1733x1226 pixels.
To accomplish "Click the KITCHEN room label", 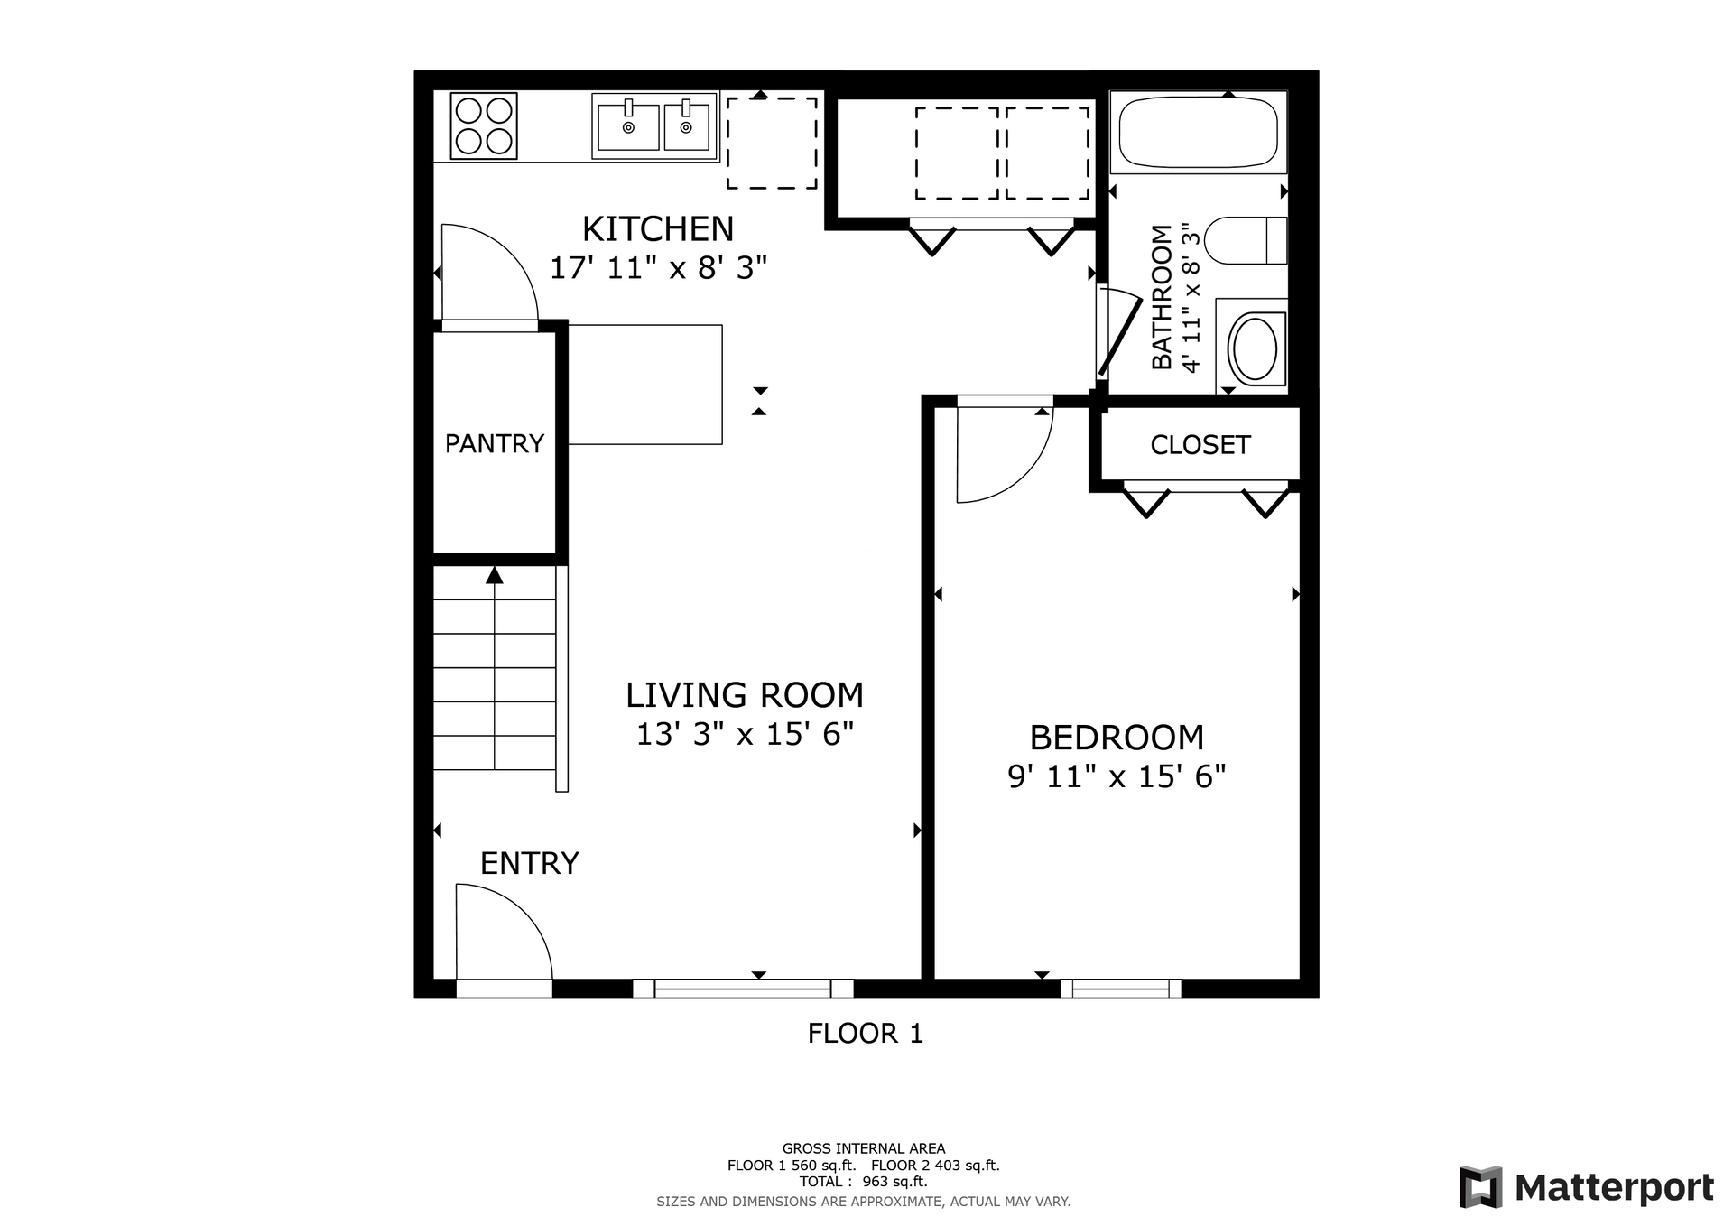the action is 658,229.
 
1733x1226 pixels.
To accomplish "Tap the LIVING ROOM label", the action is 745,695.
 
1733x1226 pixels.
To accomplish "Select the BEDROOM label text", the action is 1117,738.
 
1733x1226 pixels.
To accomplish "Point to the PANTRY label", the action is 495,443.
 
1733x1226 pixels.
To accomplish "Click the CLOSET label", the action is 1200,445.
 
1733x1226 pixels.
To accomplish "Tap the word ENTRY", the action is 529,864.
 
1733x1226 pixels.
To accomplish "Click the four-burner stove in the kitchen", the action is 484,126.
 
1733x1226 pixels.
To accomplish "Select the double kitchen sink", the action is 655,126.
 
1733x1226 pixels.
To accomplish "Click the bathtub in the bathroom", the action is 1199,132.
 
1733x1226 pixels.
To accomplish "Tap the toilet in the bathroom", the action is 1246,240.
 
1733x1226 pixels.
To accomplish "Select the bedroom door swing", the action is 1024,476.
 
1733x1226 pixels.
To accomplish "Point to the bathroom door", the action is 1119,332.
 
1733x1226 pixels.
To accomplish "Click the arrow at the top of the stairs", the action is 494,575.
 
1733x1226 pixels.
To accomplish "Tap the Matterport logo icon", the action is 1480,1187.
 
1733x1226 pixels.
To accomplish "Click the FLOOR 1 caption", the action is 866,1034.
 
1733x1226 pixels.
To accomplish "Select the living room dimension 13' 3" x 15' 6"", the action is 745,734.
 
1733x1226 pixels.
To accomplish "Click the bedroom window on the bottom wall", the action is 1121,989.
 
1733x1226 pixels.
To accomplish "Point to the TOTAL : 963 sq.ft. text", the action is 864,1181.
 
